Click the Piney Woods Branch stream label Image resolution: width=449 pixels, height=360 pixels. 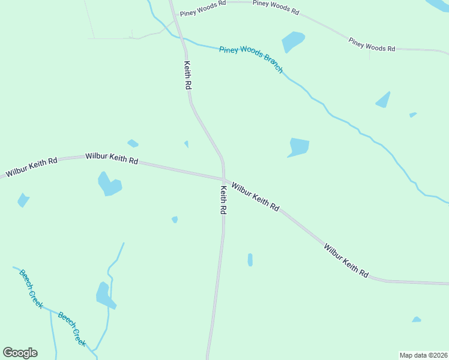pos(251,59)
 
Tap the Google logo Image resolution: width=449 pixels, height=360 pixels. pos(20,353)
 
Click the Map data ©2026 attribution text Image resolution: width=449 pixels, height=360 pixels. pos(423,355)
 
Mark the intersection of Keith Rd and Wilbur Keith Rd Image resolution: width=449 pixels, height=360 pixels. pos(224,178)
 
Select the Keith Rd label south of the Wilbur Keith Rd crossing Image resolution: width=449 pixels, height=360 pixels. pos(223,200)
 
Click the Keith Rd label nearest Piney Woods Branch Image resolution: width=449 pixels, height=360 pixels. pos(187,75)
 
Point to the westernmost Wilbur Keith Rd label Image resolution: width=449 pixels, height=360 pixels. pos(32,167)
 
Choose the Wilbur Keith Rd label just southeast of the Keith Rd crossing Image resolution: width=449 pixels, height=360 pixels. pos(256,197)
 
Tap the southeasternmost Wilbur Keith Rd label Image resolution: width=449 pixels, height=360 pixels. pos(346,260)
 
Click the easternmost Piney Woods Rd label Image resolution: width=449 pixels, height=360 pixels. pos(372,45)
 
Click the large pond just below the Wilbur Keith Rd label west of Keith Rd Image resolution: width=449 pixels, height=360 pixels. pos(109,184)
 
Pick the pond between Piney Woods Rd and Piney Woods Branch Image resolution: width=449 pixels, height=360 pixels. pos(293,41)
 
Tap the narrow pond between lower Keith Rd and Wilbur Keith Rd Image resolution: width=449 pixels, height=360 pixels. pos(250,260)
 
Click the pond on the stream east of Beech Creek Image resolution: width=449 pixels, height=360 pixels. pos(104,295)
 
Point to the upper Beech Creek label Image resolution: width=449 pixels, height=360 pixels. pos(31,289)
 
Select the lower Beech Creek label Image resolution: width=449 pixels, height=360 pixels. pos(72,328)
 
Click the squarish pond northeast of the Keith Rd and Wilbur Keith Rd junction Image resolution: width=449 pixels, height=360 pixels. pos(298,147)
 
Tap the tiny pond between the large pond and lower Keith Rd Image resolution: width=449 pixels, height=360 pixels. pos(175,220)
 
